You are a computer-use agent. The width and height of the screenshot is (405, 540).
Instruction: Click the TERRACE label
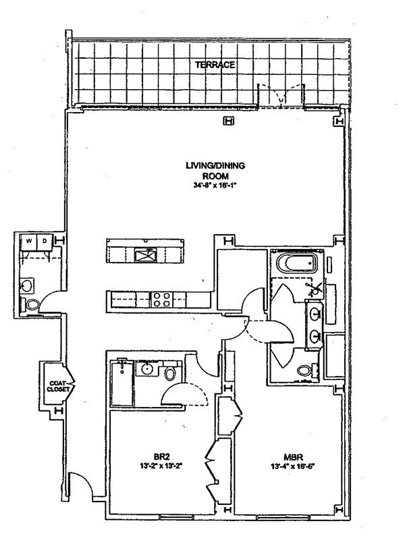tap(215, 65)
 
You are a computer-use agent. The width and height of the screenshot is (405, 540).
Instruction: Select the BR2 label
tap(159, 455)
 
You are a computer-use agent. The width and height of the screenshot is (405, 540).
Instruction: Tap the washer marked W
tap(30, 241)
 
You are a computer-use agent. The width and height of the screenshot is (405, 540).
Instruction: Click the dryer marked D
tap(44, 241)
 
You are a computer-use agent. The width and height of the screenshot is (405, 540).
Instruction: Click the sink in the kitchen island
tap(146, 254)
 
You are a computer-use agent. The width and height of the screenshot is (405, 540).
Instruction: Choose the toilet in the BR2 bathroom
tap(170, 373)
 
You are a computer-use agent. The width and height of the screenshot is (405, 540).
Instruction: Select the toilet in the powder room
tap(32, 305)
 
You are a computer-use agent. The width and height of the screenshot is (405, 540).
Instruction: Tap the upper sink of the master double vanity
tap(315, 313)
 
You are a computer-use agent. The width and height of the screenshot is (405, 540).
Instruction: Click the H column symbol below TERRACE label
tap(229, 122)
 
